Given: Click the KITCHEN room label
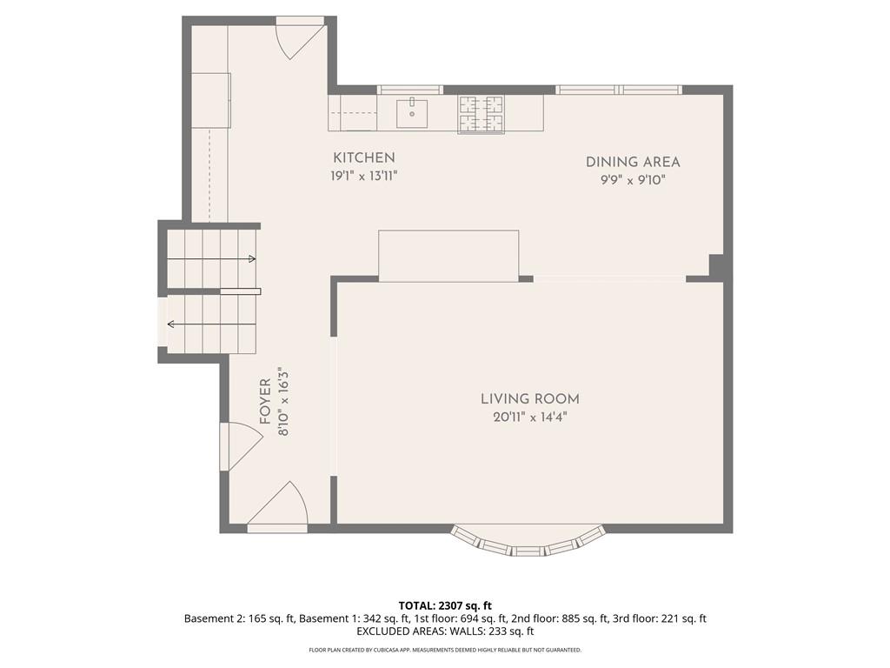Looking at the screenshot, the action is [x=364, y=158].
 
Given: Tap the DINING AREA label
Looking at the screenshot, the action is [x=633, y=162].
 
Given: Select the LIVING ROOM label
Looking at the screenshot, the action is [x=530, y=398].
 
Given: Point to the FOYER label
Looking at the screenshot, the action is [x=265, y=402].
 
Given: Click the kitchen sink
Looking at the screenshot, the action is [x=412, y=112].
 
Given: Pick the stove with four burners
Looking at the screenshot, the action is [x=482, y=114].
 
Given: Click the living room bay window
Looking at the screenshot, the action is [x=528, y=543].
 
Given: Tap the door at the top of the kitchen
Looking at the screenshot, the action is [x=301, y=37].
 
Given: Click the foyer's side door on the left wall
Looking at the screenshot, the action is [x=241, y=446].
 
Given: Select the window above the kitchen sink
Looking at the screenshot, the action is [x=410, y=90].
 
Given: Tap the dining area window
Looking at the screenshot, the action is [x=619, y=90].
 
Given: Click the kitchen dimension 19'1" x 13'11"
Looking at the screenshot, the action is [x=364, y=176].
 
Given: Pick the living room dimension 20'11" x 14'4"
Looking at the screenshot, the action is [x=530, y=417].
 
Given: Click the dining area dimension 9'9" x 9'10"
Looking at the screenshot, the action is [x=633, y=180].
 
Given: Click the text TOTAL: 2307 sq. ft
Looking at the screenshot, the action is [x=445, y=605].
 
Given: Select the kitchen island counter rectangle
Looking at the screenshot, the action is [x=448, y=256].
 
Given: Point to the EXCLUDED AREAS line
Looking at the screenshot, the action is [x=445, y=631].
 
